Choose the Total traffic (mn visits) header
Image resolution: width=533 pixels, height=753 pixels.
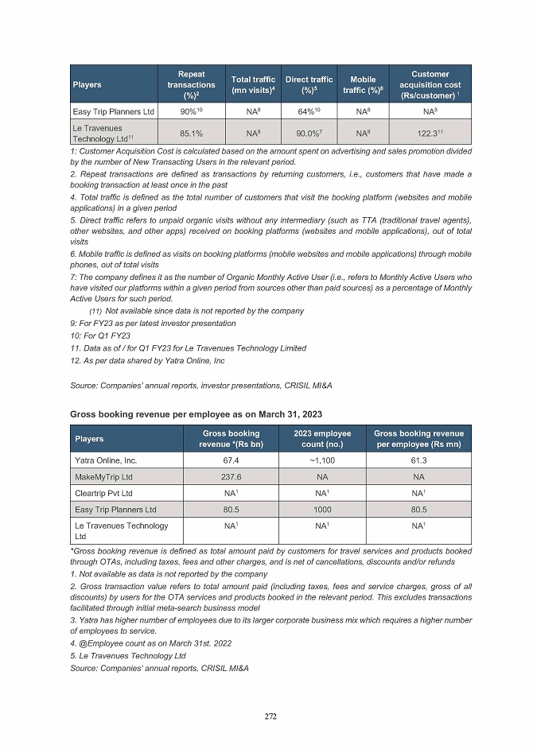(x=253, y=85)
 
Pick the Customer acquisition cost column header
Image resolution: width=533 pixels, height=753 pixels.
(x=430, y=85)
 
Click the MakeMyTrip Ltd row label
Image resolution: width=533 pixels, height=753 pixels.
(x=103, y=476)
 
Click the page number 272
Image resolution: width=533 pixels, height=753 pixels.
(x=270, y=716)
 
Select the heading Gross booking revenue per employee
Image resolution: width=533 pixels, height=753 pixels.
(x=197, y=413)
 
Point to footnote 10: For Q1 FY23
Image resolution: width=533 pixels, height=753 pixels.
(x=100, y=336)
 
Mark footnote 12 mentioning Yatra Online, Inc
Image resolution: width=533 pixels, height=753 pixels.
(x=147, y=360)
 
